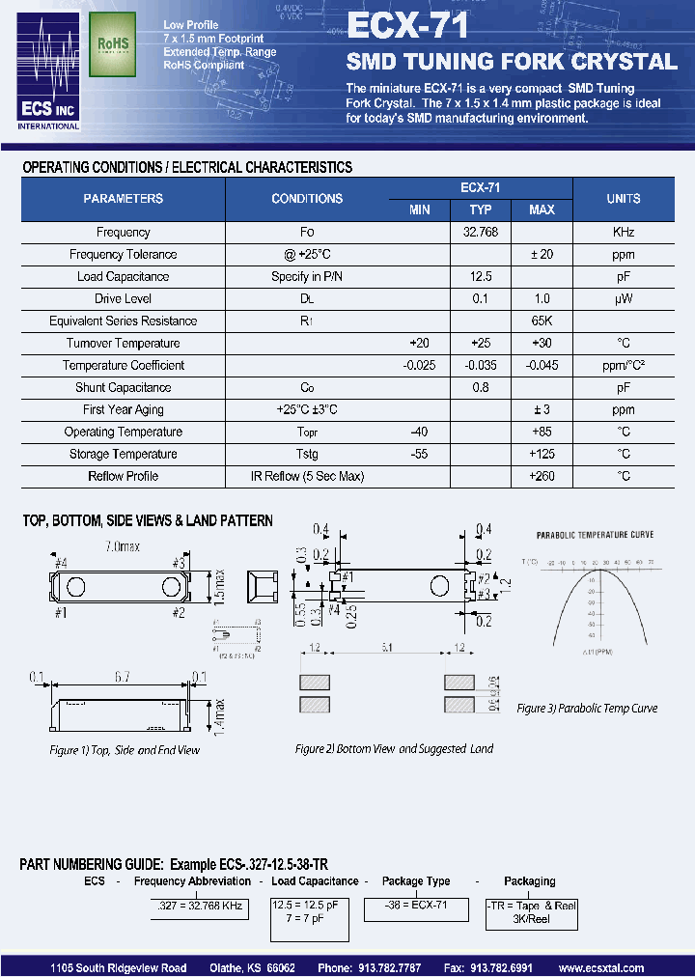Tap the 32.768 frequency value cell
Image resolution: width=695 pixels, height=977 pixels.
point(480,233)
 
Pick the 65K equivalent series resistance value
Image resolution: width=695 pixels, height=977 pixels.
point(542,321)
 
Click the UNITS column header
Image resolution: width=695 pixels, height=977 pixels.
point(623,199)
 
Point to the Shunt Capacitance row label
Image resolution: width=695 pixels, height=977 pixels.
point(123,388)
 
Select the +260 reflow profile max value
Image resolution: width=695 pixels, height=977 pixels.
point(542,477)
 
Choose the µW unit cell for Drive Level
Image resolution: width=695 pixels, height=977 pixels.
point(623,299)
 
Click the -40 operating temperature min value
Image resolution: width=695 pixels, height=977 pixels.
point(419,433)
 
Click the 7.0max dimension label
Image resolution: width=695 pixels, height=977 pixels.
point(123,546)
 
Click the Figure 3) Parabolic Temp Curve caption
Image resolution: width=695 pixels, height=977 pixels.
point(587,709)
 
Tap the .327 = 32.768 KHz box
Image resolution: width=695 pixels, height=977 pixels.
point(200,907)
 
